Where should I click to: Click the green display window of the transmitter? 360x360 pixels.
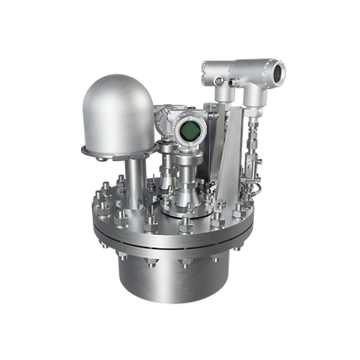point(190,132)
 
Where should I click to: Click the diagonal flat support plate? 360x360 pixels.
point(231,144)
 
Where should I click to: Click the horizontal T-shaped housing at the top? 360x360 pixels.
point(238,70)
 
